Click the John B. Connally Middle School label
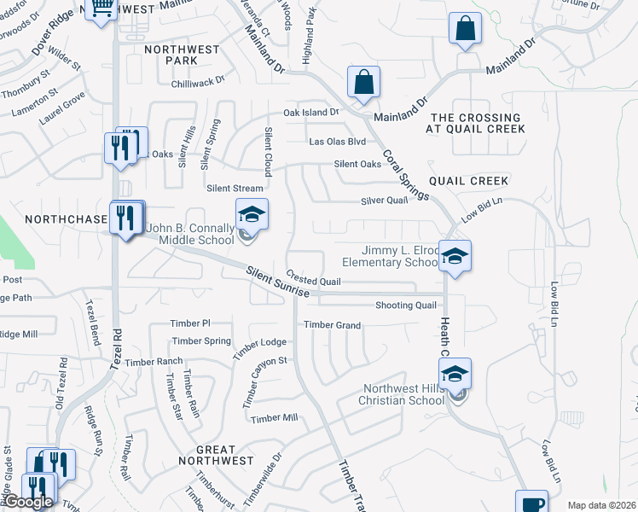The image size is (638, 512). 191,235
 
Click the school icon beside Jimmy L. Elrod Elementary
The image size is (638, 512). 455,255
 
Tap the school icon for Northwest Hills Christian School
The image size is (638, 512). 455,373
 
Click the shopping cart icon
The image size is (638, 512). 101,9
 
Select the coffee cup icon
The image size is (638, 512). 532,503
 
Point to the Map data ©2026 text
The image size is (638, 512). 601,505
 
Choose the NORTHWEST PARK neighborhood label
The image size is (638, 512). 182,55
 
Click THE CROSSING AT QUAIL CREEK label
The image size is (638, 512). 476,123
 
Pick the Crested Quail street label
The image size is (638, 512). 313,280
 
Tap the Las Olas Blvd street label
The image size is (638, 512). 337,142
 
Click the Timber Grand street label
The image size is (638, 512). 333,325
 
